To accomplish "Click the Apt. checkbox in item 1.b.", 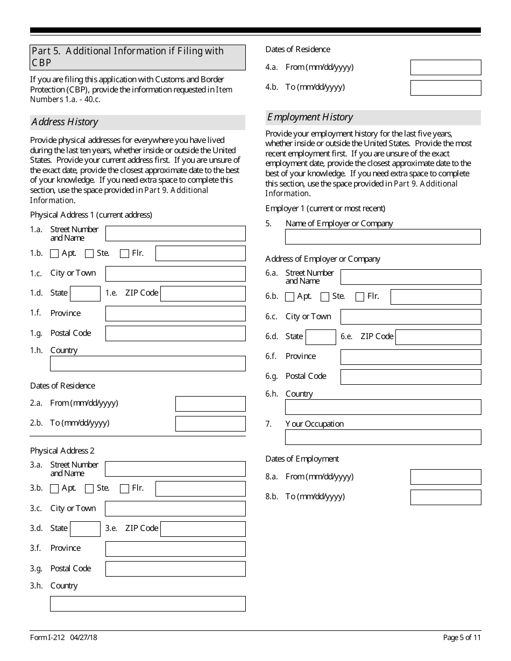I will tap(54, 254).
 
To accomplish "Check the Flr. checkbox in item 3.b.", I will tap(124, 488).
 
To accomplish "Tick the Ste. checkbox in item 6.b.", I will tap(325, 297).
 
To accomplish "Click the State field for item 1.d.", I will tap(85, 293).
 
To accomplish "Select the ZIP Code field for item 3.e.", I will tap(203, 529).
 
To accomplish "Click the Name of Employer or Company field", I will tap(382, 237).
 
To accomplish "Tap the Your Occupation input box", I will tap(382, 437).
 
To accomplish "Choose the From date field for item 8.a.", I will tap(445, 477).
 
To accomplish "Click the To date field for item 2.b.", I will tap(210, 423).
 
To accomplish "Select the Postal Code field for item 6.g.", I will tap(410, 377).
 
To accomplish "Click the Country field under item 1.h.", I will tap(147, 364).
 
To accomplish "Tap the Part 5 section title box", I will tap(137, 57).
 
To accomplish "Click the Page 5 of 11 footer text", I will tap(462, 638).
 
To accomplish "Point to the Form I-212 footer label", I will tap(47, 638).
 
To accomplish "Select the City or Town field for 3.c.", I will tap(175, 509).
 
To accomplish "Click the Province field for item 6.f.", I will tap(410, 357).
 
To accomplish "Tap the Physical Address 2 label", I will tap(62, 451).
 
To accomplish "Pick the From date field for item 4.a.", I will tap(445, 68).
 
